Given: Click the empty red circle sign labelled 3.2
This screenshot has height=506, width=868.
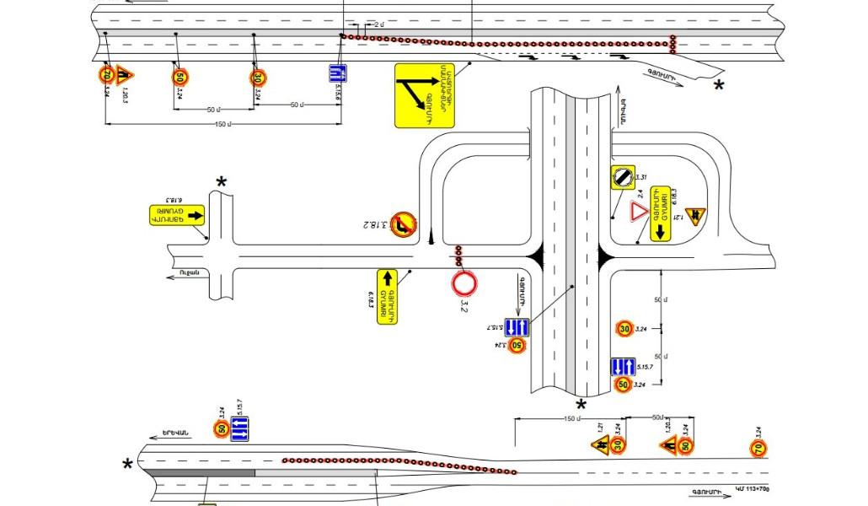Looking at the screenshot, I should click(x=464, y=283).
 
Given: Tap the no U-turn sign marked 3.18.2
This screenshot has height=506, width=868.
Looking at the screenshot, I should click(x=402, y=222).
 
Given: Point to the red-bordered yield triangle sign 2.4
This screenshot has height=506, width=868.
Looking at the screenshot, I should click(x=639, y=211).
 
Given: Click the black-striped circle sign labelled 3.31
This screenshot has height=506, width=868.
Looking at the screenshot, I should click(x=622, y=177).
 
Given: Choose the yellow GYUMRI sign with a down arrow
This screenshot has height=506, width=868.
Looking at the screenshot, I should click(x=659, y=215).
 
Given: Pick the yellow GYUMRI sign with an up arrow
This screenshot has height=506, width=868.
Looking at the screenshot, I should click(x=388, y=295).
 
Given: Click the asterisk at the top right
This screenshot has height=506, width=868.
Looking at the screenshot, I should click(x=719, y=86).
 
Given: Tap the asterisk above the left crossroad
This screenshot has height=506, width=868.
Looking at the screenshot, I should click(x=222, y=182).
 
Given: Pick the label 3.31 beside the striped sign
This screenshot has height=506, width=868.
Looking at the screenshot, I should click(x=640, y=177).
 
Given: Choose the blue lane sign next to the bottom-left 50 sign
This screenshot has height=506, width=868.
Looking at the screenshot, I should click(x=240, y=429).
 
